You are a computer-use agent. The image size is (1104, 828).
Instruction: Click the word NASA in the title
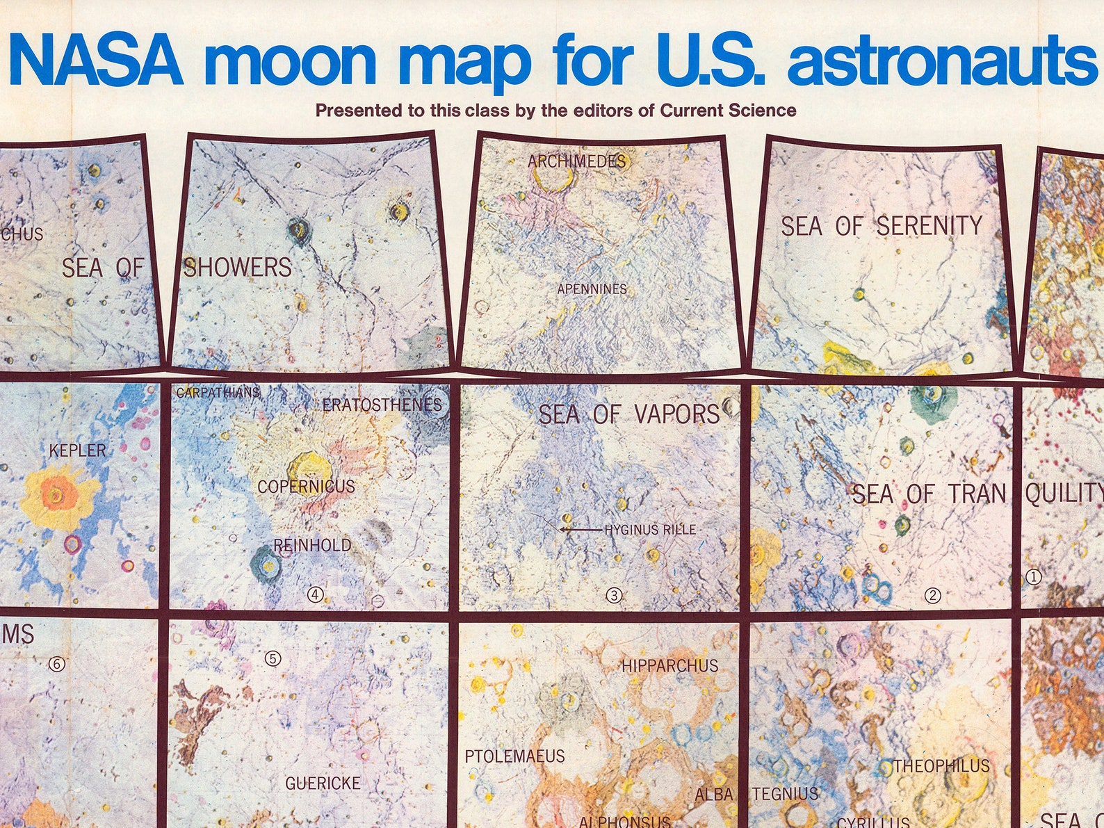click(96, 61)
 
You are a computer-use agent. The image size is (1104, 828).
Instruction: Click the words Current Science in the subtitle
click(728, 111)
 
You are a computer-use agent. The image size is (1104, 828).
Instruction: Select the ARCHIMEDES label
click(576, 161)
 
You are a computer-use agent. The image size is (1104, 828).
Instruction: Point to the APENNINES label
click(592, 289)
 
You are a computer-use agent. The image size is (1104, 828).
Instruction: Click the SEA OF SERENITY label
click(882, 226)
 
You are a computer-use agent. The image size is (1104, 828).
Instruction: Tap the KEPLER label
click(77, 450)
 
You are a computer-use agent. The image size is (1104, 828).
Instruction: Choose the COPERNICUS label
click(306, 487)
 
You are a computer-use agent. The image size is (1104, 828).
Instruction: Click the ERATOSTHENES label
click(382, 405)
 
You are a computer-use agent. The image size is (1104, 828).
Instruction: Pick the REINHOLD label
click(312, 545)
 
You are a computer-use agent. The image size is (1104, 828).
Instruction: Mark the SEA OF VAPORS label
click(629, 414)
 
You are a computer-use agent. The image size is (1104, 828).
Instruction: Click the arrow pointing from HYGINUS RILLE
click(581, 530)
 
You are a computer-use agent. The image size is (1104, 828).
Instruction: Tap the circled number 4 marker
click(316, 594)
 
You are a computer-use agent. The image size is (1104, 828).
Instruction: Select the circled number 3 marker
click(614, 595)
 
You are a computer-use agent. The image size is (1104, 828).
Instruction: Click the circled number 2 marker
click(932, 596)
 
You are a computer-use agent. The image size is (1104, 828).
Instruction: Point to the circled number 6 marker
click(56, 665)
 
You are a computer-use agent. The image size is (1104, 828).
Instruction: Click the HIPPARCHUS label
click(669, 666)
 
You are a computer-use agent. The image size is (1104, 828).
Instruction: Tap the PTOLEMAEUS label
click(514, 756)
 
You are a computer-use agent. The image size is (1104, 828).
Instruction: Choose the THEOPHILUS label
click(941, 766)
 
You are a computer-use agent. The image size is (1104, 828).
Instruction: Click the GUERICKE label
click(323, 784)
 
